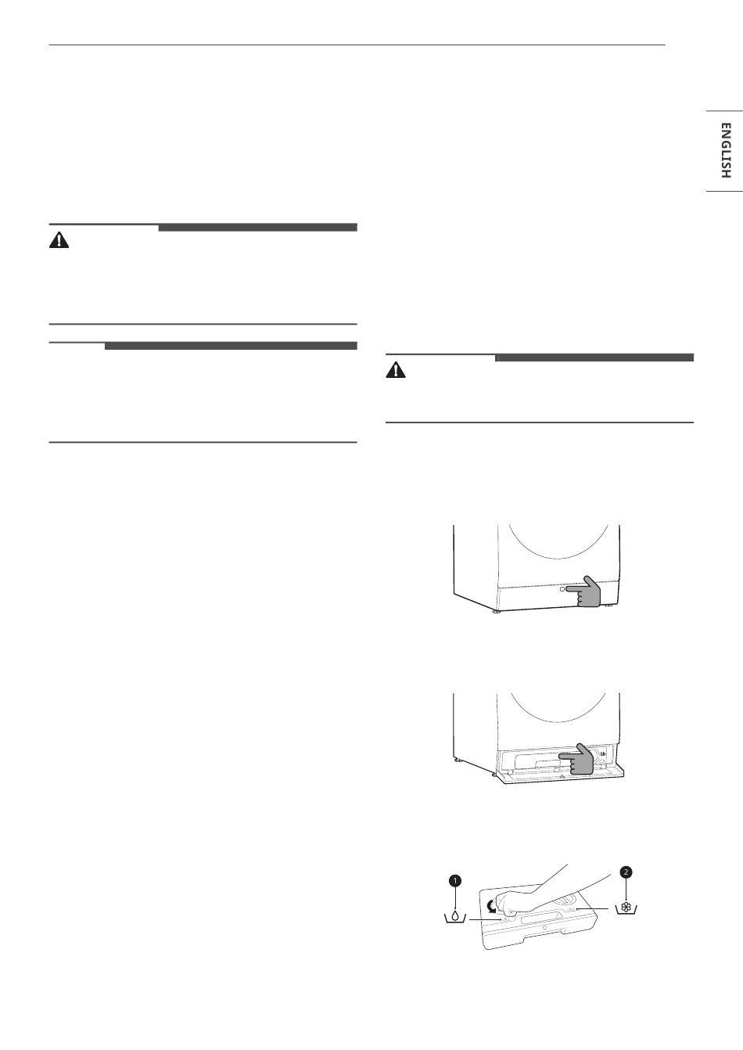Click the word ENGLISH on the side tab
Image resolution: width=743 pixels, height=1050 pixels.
[x=725, y=150]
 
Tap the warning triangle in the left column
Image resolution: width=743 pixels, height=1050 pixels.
[x=59, y=240]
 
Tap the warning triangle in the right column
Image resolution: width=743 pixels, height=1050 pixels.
[x=396, y=370]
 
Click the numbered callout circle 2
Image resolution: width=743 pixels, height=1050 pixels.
[x=626, y=872]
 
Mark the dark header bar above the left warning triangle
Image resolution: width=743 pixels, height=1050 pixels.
[x=257, y=228]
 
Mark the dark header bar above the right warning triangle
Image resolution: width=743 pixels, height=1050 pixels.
[x=594, y=358]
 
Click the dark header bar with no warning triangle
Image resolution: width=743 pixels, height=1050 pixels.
[x=231, y=346]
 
